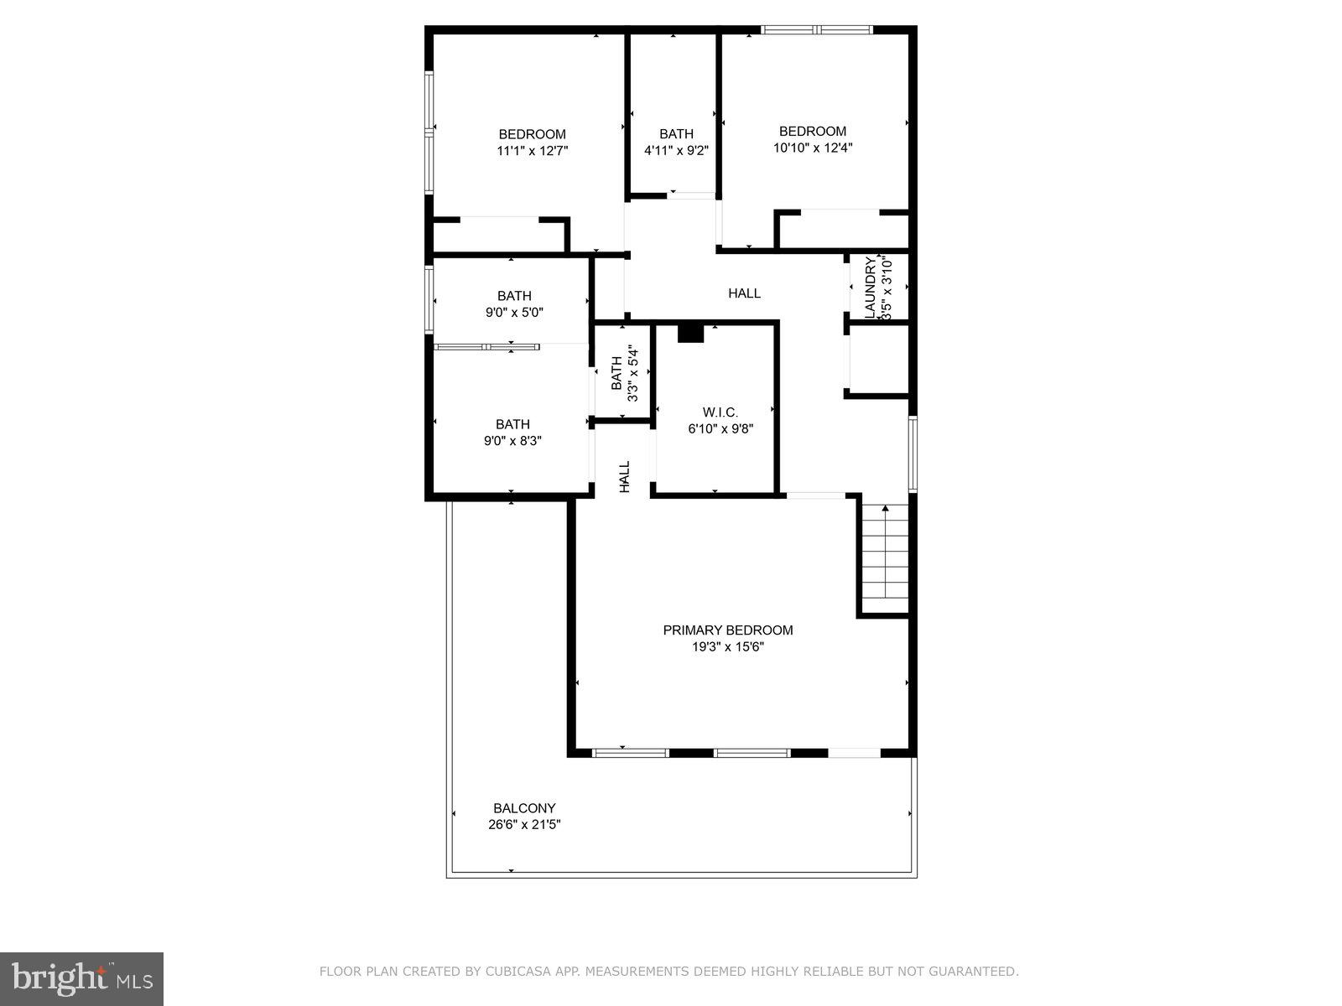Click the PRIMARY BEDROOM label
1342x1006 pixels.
pos(727,630)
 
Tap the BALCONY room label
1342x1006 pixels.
pos(524,808)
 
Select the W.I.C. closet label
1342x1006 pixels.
pos(720,412)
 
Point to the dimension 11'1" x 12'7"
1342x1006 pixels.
pos(533,151)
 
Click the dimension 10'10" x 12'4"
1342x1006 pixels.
pos(813,148)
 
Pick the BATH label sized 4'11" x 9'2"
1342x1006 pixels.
pos(676,134)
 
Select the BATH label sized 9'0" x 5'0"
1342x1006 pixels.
pos(514,296)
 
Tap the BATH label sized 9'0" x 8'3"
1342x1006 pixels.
pos(512,424)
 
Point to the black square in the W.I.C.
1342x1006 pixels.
pos(690,333)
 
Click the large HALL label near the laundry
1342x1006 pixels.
pos(744,293)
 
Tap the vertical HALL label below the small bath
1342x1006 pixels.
pos(625,476)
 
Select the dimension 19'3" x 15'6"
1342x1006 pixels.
pos(727,647)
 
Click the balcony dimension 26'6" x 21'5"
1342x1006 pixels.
pos(524,824)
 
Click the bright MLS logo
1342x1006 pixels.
pos(81,978)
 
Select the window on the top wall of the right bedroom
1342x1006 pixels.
pos(817,30)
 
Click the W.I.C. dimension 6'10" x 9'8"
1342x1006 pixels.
pos(720,429)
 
